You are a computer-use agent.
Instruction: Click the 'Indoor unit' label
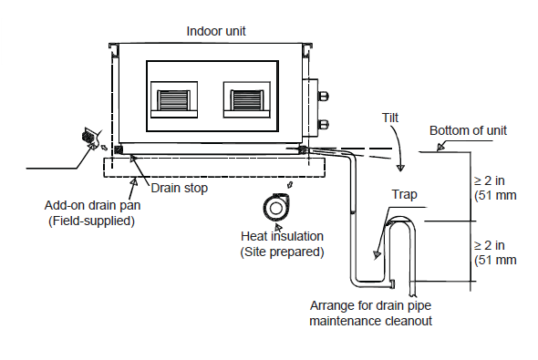point(216,31)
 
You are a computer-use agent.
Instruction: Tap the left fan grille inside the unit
point(173,100)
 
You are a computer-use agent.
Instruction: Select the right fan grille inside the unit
point(247,100)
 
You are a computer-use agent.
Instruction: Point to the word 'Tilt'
point(390,118)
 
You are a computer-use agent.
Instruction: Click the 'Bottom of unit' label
point(468,130)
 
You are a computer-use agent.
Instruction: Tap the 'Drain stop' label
point(179,188)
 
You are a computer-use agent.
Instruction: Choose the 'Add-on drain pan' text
point(92,205)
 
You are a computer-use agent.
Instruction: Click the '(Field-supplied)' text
point(91,221)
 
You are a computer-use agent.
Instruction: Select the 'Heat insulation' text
point(282,236)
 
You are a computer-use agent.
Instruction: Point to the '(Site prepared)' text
point(282,252)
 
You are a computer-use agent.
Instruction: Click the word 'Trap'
point(405,194)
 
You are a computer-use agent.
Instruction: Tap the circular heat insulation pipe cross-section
point(276,208)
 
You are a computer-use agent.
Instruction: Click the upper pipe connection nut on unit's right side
point(323,96)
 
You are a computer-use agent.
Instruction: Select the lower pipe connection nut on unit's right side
point(323,124)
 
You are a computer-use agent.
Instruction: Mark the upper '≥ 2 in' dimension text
point(490,180)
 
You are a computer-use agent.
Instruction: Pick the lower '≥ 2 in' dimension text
point(490,245)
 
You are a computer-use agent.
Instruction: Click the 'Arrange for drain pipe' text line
point(370,305)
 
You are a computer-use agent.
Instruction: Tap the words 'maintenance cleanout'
point(370,321)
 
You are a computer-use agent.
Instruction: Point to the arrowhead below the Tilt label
point(400,168)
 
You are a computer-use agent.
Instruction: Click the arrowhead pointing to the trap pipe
point(378,255)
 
